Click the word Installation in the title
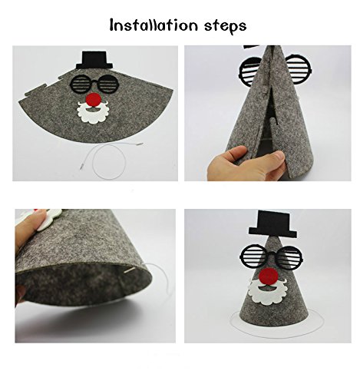coord(154,25)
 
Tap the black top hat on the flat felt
coord(94,60)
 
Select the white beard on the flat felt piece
coord(93,114)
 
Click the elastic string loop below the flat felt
coord(109,161)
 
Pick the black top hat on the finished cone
coord(272,224)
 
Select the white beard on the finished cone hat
coord(269,292)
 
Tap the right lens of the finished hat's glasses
coord(289,257)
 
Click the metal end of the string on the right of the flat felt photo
coord(140,144)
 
